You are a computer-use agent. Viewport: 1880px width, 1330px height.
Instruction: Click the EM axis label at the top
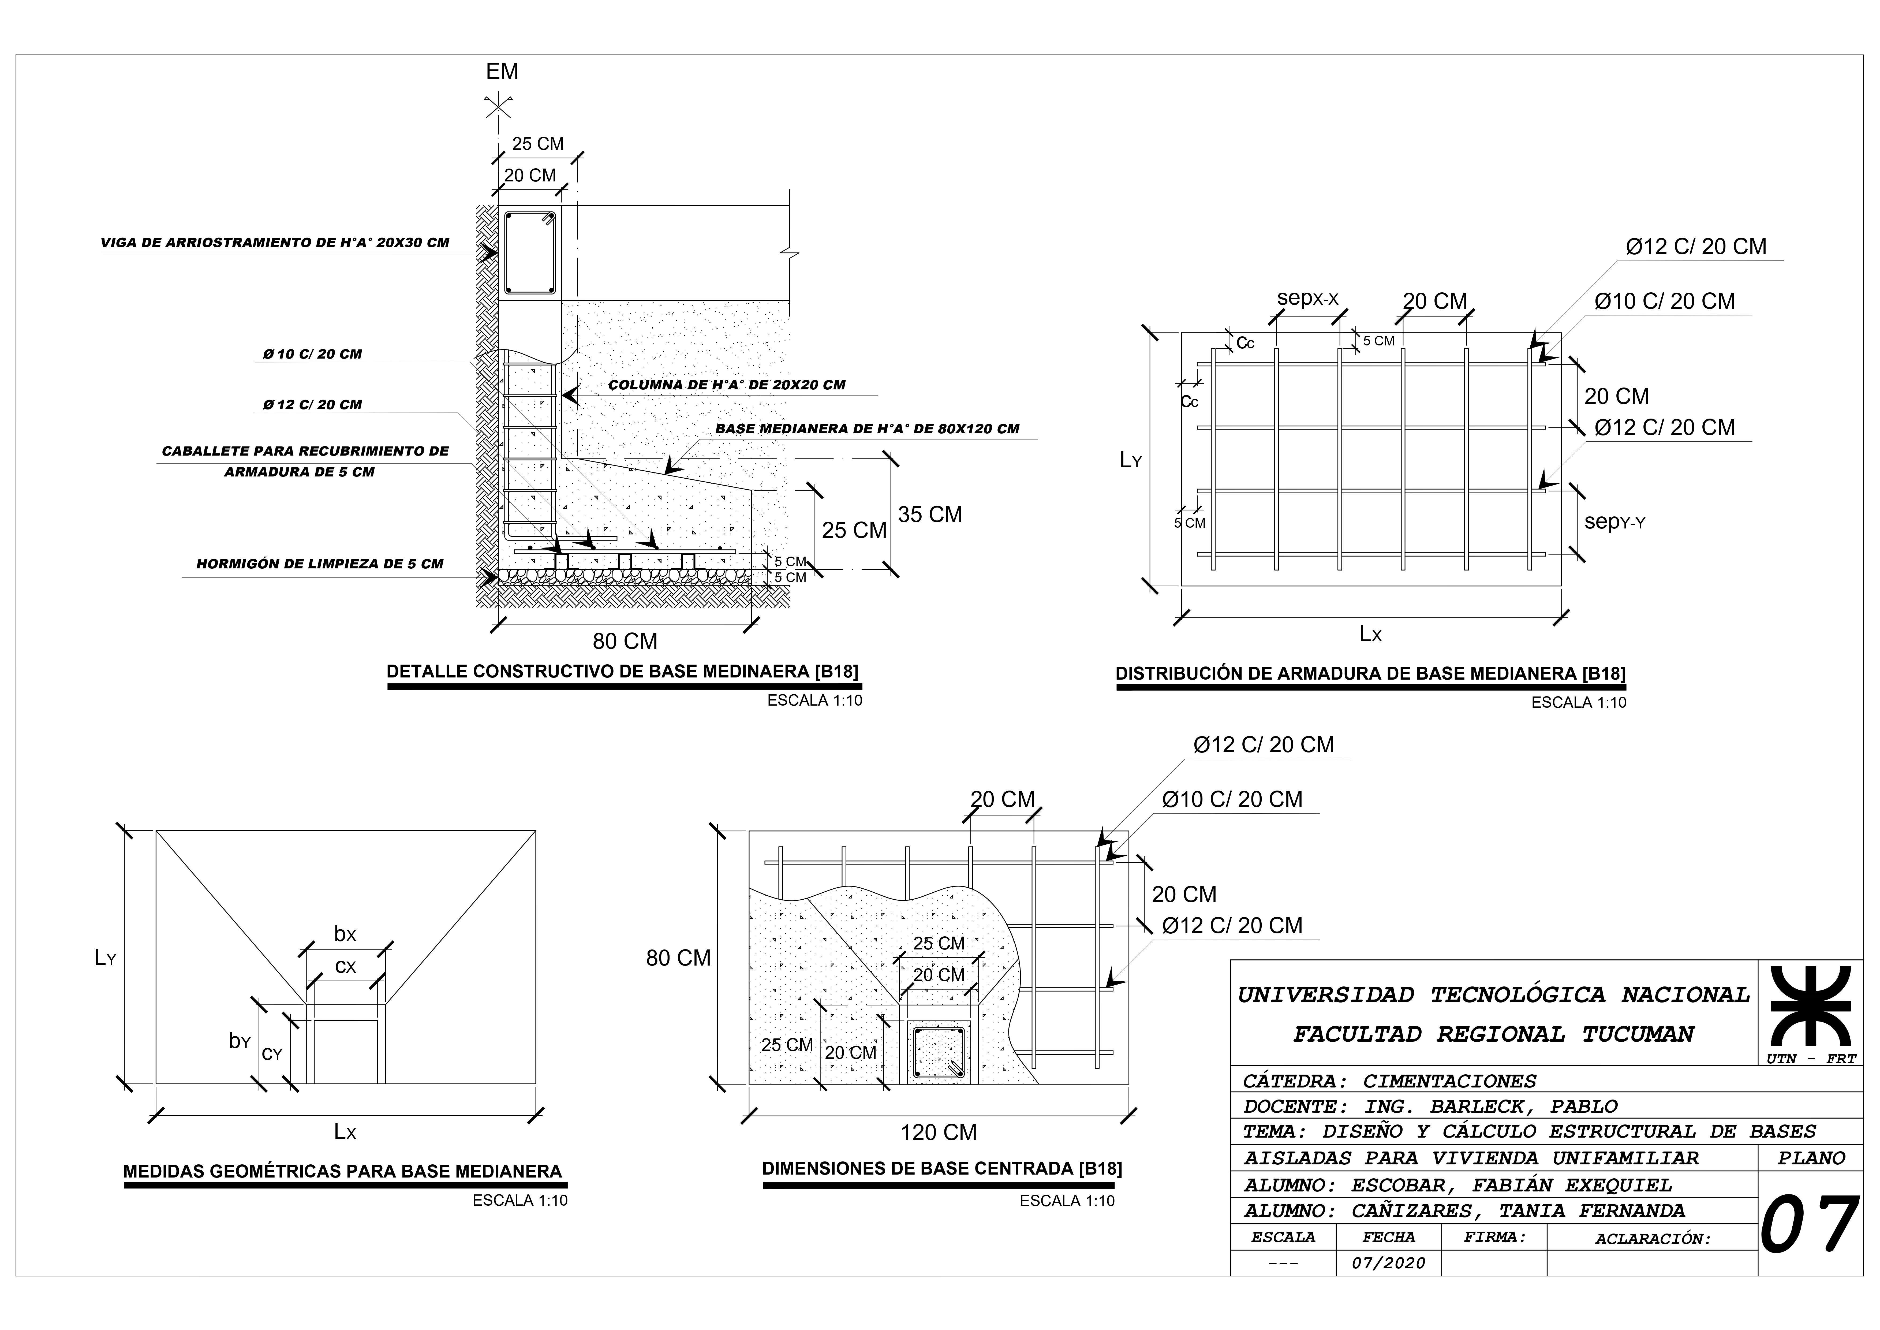502,71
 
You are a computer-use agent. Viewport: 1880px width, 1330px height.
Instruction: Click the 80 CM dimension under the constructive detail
625,641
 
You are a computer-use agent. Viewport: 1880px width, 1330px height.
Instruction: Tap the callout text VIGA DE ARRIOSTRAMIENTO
275,243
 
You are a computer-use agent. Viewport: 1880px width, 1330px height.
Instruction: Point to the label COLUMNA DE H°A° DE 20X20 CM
726,385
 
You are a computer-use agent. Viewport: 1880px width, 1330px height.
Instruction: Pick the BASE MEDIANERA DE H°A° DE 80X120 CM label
867,429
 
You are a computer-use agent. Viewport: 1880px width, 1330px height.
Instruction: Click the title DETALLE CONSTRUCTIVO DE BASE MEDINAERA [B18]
622,672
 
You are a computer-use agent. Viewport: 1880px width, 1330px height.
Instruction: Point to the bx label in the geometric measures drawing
345,934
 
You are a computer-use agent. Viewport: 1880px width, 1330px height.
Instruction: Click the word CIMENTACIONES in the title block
1449,1081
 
